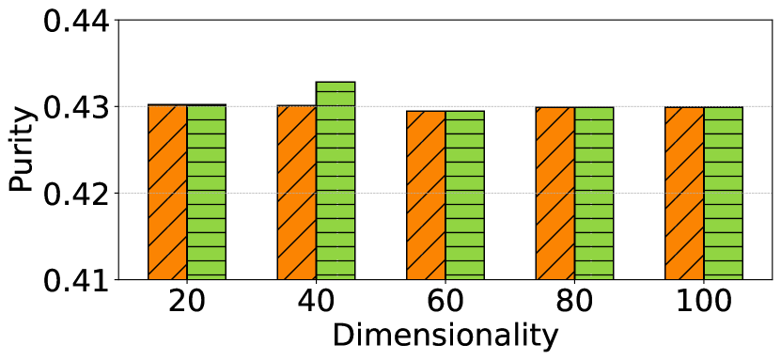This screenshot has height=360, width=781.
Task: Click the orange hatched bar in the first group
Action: tap(167, 193)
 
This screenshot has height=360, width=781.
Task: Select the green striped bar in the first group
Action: tap(206, 193)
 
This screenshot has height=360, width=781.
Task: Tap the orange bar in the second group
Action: tap(296, 193)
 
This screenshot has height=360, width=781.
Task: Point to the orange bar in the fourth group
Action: tap(555, 194)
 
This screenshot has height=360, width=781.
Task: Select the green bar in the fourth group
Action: tap(594, 194)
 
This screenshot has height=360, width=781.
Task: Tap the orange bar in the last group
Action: tap(684, 194)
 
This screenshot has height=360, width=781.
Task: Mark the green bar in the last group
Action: tap(723, 194)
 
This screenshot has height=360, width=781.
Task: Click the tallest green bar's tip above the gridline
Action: tap(336, 93)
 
